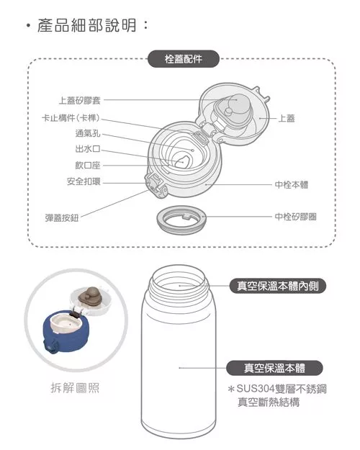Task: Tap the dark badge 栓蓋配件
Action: pos(184,60)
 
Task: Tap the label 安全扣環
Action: pos(84,181)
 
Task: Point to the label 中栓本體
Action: pos(292,185)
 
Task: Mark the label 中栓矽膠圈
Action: pos(296,216)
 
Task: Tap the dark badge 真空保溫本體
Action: pos(275,368)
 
